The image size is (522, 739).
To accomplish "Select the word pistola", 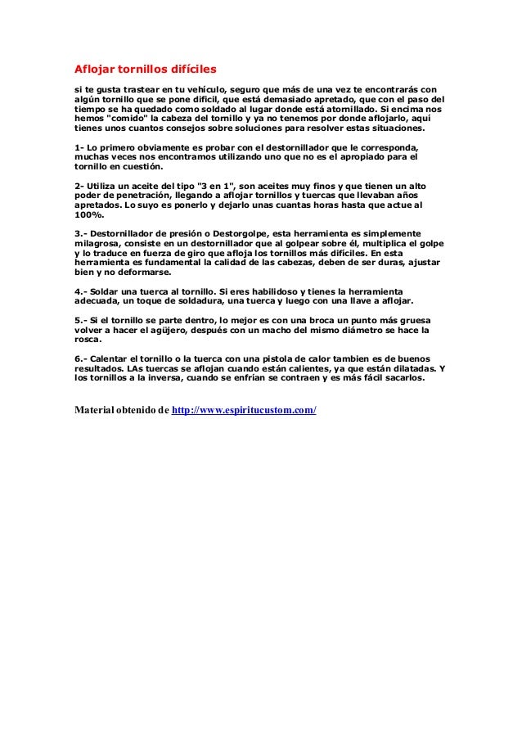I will pos(295,359).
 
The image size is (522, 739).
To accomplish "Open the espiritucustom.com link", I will pos(245,408).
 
